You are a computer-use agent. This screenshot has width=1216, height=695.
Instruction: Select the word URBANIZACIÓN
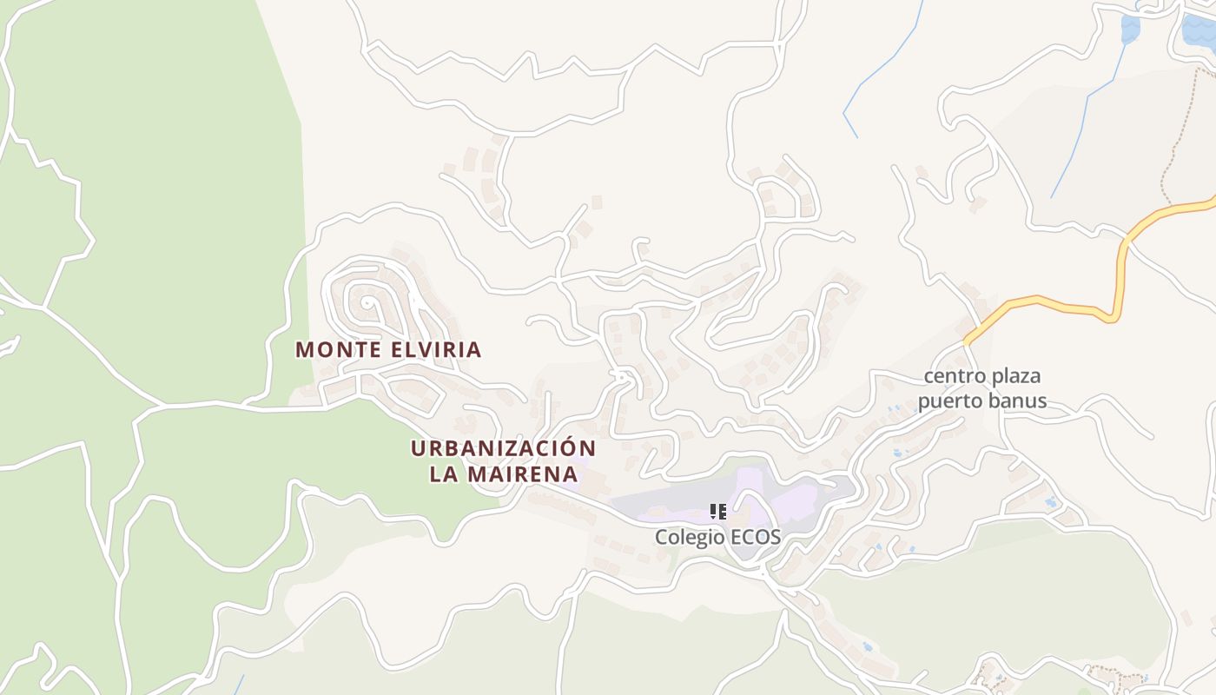tap(504, 449)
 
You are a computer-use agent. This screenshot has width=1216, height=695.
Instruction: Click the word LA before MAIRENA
tap(445, 474)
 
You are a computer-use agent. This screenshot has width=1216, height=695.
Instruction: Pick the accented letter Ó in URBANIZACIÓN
tap(565, 447)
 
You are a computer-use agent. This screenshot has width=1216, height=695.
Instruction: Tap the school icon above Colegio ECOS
tap(717, 512)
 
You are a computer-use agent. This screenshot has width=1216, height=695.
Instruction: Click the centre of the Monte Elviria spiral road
tap(369, 304)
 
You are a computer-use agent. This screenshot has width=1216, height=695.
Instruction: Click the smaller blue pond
tap(1130, 29)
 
